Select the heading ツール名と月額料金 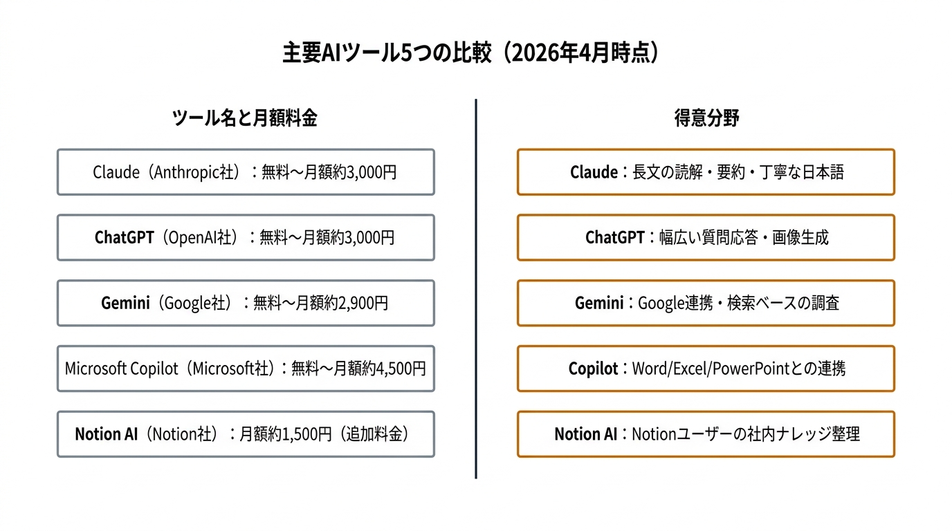click(x=245, y=118)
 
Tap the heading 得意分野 click(x=706, y=118)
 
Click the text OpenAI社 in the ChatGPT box click(x=201, y=238)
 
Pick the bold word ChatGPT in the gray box click(x=124, y=238)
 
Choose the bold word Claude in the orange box click(x=594, y=172)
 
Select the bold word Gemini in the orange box click(x=599, y=303)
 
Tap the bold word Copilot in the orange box click(x=593, y=369)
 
